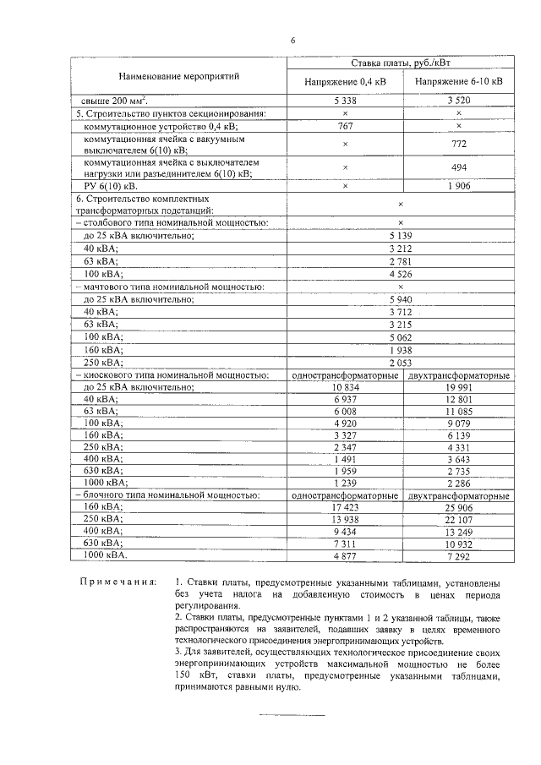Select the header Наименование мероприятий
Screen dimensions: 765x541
[178, 76]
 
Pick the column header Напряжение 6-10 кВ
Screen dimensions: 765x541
[458, 83]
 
